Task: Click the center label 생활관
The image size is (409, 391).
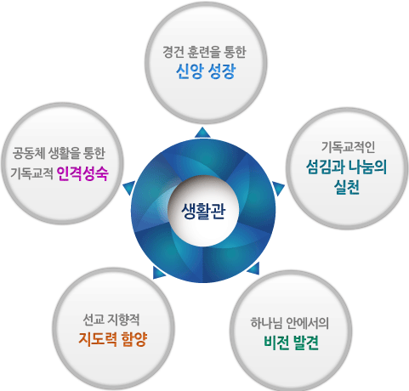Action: click(x=203, y=211)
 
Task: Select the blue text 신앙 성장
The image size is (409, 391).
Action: click(x=206, y=71)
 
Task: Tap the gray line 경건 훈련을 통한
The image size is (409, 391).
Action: click(x=204, y=52)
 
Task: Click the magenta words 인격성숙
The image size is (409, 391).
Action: click(x=82, y=173)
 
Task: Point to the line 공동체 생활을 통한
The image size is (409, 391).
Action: click(x=59, y=153)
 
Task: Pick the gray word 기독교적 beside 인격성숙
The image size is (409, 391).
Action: click(x=31, y=173)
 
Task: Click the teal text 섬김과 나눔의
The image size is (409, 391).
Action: click(x=346, y=167)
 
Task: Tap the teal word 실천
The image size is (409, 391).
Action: click(x=346, y=187)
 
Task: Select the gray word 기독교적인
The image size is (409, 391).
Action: click(x=348, y=147)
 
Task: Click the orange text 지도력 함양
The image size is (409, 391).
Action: click(x=113, y=339)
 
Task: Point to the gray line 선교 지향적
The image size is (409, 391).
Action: click(x=111, y=320)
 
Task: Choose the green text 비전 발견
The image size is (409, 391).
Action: click(x=291, y=343)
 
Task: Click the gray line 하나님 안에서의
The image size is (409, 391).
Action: click(x=290, y=323)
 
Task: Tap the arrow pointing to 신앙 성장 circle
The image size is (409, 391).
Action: click(x=202, y=133)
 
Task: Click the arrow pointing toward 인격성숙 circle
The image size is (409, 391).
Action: click(x=129, y=187)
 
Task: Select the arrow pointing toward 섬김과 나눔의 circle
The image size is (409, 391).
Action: click(x=278, y=188)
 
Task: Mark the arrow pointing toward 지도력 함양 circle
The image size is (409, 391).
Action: click(x=158, y=273)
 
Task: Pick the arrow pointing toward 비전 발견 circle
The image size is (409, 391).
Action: click(x=254, y=269)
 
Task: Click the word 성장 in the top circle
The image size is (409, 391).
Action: click(x=222, y=71)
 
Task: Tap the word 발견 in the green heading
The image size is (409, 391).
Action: click(x=305, y=343)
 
